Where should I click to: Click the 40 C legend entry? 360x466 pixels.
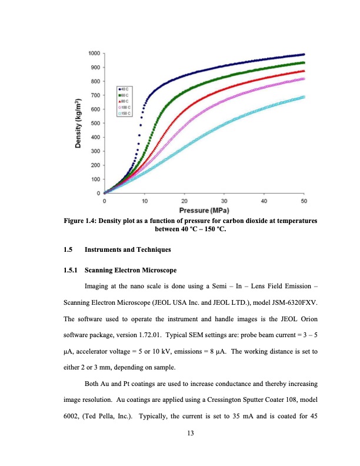point(125,89)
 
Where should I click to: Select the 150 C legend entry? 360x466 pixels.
point(125,112)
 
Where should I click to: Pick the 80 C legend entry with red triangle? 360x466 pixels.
point(125,101)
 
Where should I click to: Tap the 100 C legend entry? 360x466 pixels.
point(125,106)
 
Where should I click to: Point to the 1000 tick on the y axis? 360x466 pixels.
point(93,54)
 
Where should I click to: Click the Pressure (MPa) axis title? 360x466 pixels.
point(204,210)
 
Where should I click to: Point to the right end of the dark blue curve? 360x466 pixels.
point(304,54)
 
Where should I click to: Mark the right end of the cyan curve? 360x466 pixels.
point(304,96)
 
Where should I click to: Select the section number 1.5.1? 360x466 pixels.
point(71,271)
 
